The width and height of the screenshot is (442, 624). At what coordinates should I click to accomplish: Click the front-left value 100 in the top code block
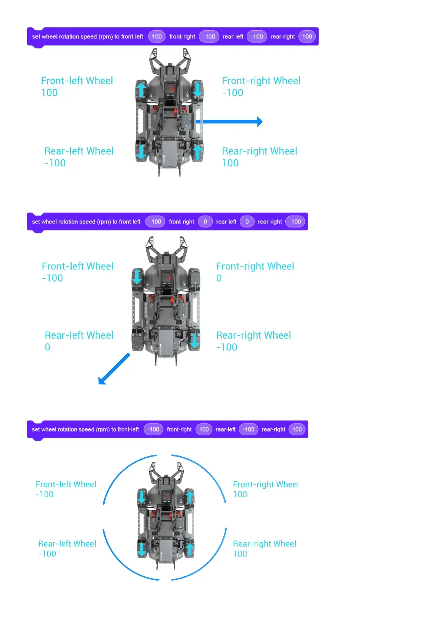tap(157, 37)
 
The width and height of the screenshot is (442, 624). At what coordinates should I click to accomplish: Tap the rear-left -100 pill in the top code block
tap(257, 37)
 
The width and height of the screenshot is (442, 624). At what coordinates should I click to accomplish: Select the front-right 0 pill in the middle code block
tap(205, 222)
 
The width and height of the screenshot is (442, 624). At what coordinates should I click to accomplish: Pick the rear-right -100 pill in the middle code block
tap(295, 222)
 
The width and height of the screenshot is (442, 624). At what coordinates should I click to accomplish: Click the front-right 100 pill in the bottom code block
tap(204, 429)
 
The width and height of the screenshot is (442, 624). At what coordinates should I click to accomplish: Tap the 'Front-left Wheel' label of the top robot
tap(77, 81)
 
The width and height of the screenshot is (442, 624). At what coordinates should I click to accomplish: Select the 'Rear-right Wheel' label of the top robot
tap(259, 151)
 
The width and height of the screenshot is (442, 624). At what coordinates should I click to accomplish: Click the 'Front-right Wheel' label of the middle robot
tap(255, 266)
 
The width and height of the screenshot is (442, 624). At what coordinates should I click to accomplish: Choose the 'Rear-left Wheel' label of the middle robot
tap(79, 335)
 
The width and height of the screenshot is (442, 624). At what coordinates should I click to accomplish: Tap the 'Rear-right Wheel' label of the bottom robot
tap(265, 544)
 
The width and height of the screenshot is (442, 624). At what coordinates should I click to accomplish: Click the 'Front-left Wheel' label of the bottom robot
tap(66, 484)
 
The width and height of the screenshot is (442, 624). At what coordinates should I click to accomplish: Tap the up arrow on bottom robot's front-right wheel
tap(190, 497)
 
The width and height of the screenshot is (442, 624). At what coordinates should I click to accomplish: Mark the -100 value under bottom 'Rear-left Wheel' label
tap(47, 554)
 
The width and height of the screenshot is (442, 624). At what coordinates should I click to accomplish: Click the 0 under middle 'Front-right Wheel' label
tap(219, 278)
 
